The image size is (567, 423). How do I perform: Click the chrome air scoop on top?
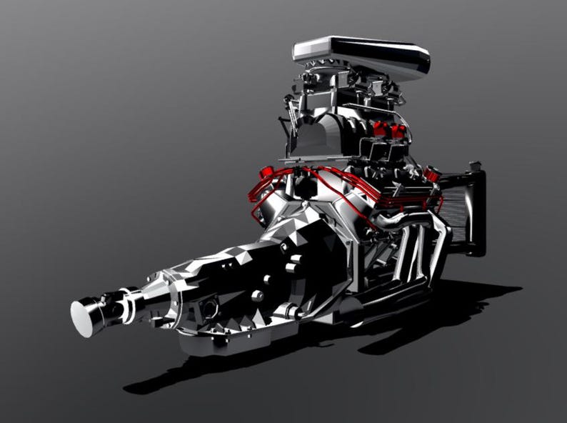click(361, 56)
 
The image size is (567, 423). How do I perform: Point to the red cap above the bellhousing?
click(268, 173)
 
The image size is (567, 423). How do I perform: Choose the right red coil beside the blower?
click(399, 131)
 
